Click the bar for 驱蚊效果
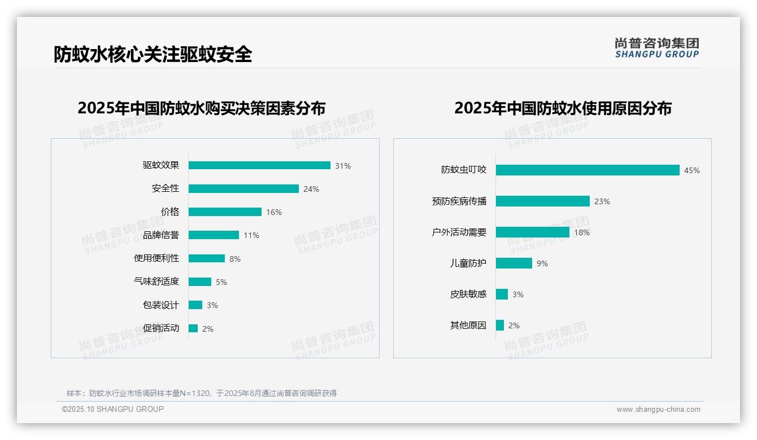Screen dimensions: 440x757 pos(259,165)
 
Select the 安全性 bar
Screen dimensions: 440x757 pos(243,189)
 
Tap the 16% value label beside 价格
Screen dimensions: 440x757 pos(274,212)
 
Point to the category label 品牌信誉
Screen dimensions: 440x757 pos(161,235)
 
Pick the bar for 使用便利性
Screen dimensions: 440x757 pos(207,258)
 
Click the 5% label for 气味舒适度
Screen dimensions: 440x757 pos(221,282)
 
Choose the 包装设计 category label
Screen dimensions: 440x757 pos(161,305)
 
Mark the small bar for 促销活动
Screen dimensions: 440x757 pos(193,328)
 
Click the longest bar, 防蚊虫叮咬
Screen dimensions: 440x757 pos(588,170)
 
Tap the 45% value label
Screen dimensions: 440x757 pos(691,170)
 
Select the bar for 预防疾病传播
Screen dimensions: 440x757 pos(543,201)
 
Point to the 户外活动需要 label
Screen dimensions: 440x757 pos(459,232)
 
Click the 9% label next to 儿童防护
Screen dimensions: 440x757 pos(542,263)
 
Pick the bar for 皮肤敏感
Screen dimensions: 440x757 pos(502,294)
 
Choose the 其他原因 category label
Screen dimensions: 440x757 pos(468,325)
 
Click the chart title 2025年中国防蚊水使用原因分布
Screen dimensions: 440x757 pos(563,108)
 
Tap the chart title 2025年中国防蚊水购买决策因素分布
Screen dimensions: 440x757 pos(202,108)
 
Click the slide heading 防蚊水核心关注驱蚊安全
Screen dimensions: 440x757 pos(153,54)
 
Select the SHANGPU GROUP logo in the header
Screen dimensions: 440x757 pos(657,48)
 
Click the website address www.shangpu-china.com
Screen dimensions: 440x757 pos(658,410)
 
